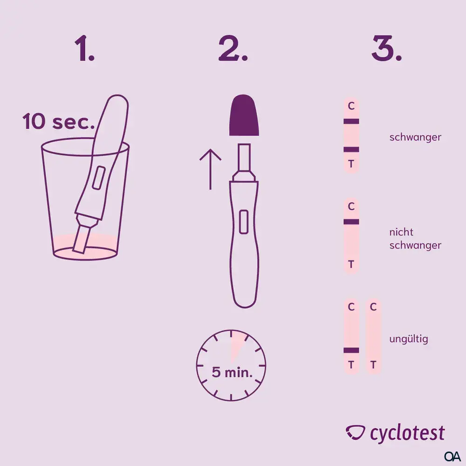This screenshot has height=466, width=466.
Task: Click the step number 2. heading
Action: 233,49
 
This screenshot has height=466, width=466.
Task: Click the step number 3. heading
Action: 386,49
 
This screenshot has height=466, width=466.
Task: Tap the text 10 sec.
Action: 59,123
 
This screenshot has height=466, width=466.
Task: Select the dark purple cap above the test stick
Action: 243,115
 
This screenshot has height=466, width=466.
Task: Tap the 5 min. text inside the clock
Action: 232,372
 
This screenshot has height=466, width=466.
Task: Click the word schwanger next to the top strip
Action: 415,137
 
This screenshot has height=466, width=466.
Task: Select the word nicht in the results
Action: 401,232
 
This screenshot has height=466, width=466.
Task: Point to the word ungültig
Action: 408,339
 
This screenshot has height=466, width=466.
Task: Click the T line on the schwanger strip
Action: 351,150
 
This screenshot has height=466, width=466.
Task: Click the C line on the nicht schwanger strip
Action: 351,222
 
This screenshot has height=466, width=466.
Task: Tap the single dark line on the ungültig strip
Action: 351,350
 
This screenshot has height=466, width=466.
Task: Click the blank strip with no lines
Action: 373,336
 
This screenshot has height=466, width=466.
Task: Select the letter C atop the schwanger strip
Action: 351,106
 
